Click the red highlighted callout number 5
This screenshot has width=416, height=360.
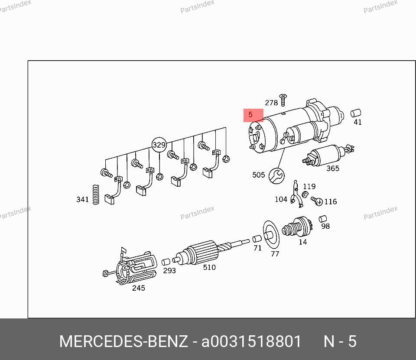click(253, 115)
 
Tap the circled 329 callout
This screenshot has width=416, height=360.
click(159, 145)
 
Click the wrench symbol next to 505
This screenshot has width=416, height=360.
click(276, 175)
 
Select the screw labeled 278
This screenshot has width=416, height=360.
click(283, 100)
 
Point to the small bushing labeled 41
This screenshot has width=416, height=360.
click(356, 113)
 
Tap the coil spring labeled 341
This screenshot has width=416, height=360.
click(96, 195)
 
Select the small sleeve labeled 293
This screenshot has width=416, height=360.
click(166, 262)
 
